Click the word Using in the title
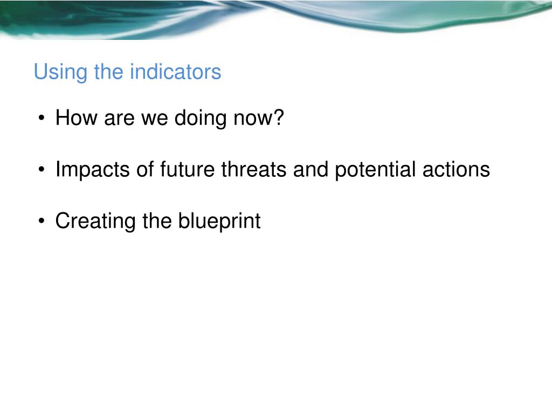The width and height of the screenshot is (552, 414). click(x=60, y=73)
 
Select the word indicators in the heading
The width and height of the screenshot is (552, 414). click(x=175, y=72)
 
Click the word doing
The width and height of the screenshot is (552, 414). click(x=201, y=118)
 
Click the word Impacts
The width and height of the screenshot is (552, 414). click(x=93, y=170)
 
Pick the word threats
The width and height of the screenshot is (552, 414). click(x=254, y=169)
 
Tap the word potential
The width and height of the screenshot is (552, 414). click(x=375, y=170)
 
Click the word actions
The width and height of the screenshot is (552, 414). click(x=456, y=169)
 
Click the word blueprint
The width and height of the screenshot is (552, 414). click(x=219, y=222)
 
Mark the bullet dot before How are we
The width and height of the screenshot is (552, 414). click(x=42, y=118)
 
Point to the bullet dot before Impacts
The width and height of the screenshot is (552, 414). click(x=42, y=170)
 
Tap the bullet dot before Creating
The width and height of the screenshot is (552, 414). click(x=42, y=222)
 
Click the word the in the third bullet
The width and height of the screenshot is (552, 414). click(x=157, y=220)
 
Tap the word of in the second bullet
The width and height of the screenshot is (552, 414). click(x=145, y=169)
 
